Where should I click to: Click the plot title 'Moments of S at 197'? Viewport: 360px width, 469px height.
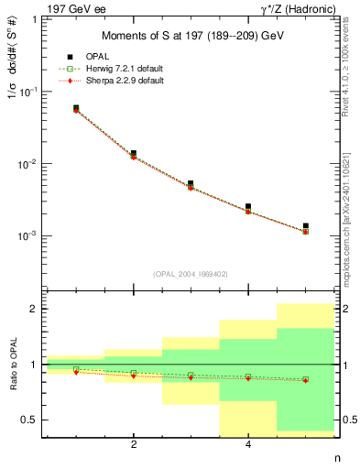(189, 36)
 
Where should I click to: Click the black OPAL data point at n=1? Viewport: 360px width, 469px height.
(76, 108)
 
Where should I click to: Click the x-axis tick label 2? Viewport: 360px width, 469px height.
(134, 445)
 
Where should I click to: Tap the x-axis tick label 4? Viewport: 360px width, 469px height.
(248, 445)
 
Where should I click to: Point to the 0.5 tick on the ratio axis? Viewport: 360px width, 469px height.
(32, 420)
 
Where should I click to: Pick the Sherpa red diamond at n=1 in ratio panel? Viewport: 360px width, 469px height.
(76, 372)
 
